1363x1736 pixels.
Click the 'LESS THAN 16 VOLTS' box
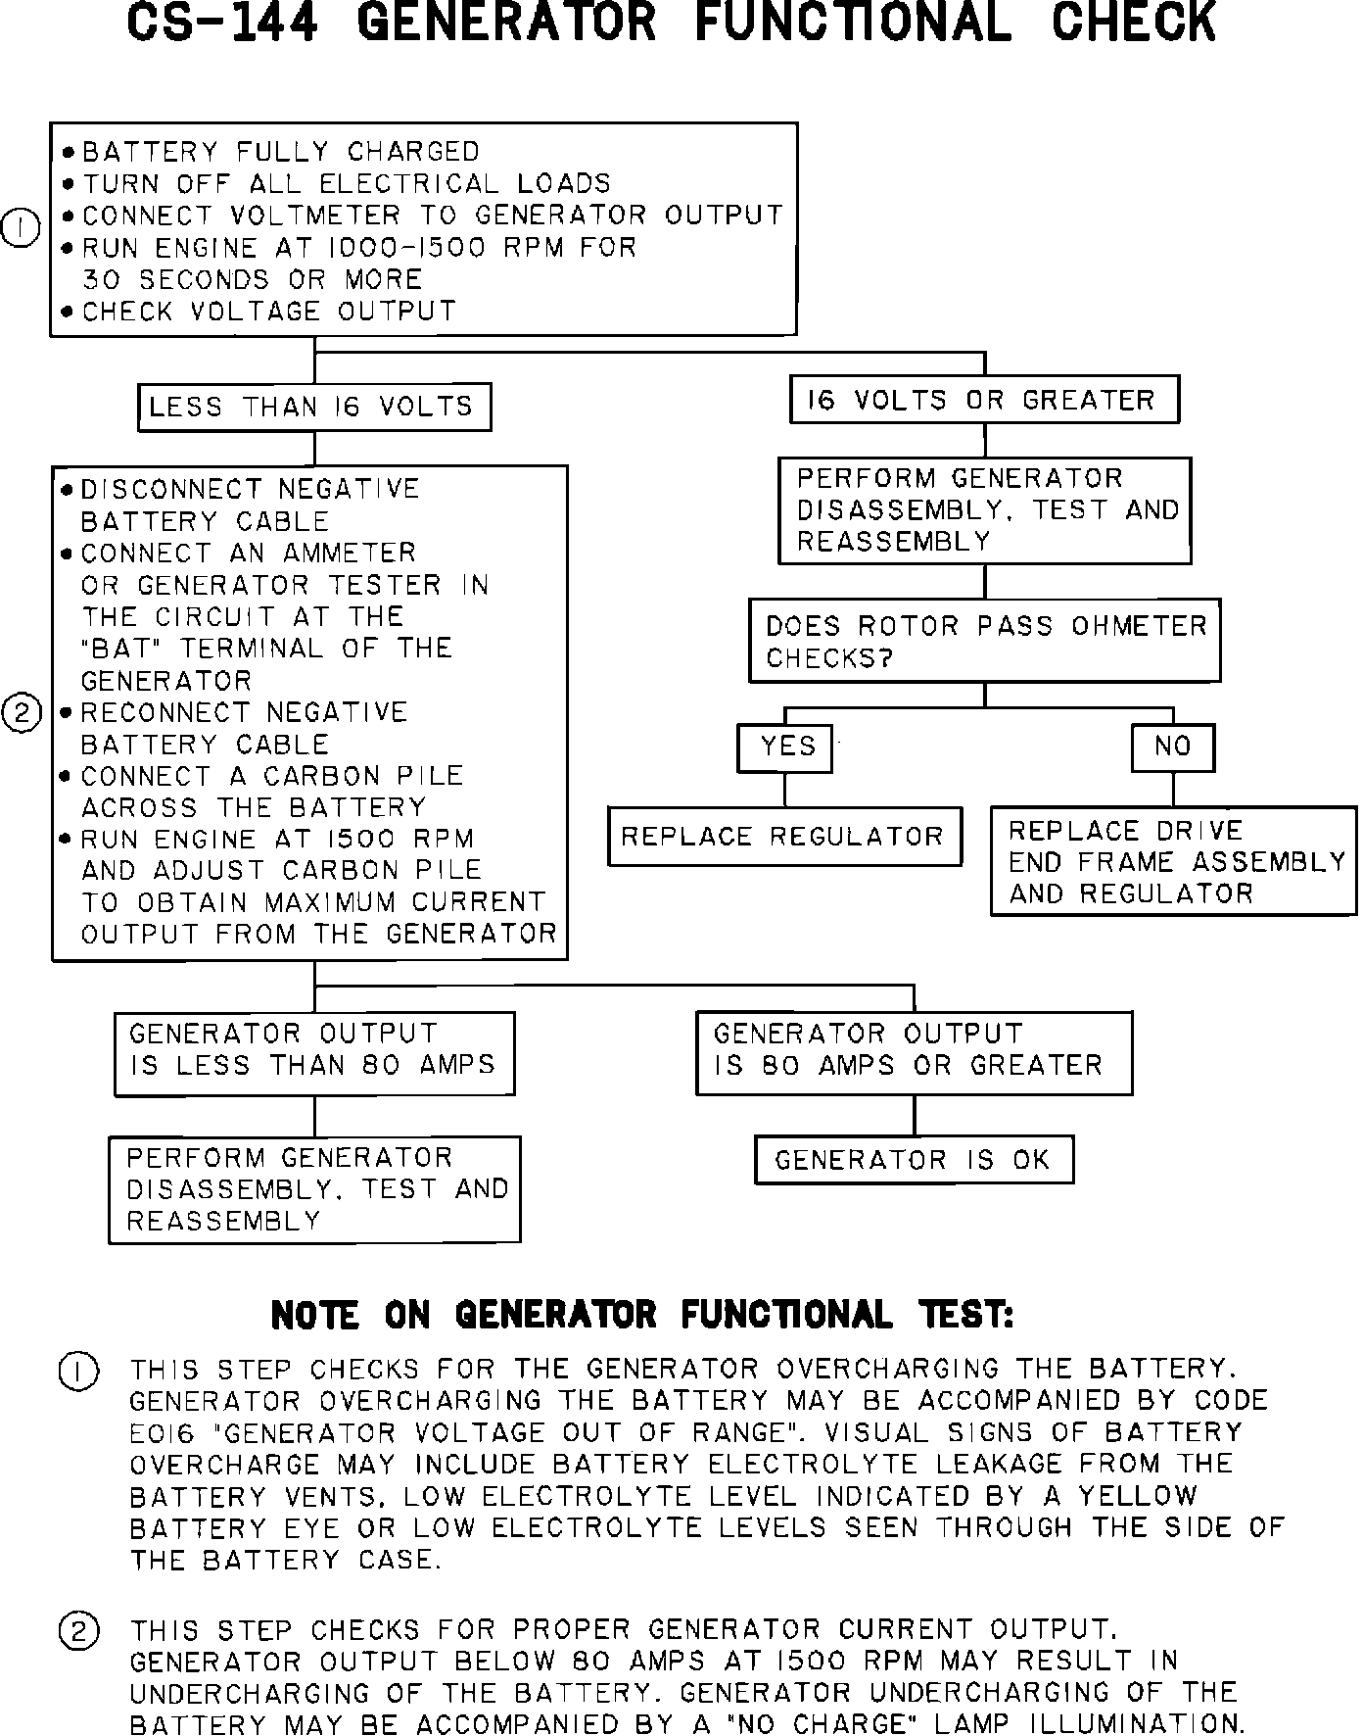[313, 407]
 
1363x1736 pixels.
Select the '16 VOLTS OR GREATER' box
[984, 400]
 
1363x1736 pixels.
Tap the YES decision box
[785, 747]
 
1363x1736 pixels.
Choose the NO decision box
[1173, 747]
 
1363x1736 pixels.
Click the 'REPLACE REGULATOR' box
[784, 837]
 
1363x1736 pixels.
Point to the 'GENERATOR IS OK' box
[914, 1160]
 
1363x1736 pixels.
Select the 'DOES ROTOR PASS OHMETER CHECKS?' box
[984, 641]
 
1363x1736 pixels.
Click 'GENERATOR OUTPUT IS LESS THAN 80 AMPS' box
[313, 1052]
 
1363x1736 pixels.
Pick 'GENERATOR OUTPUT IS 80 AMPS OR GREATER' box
[914, 1052]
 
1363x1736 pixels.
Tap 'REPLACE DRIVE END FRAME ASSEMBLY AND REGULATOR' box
[1173, 861]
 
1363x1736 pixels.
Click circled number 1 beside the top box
[21, 228]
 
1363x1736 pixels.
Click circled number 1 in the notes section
[78, 1371]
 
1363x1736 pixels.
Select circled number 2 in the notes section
[78, 1632]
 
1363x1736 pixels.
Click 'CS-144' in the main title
[222, 24]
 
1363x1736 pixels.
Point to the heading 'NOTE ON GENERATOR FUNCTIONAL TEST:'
[641, 1315]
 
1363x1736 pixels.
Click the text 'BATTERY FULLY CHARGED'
[280, 152]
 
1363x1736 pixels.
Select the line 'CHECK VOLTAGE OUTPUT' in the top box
[269, 312]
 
